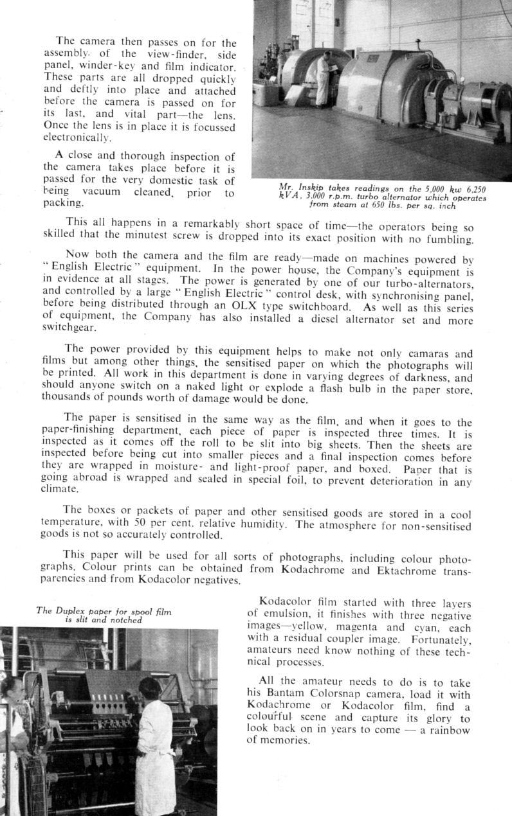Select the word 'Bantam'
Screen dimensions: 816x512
pos(285,694)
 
